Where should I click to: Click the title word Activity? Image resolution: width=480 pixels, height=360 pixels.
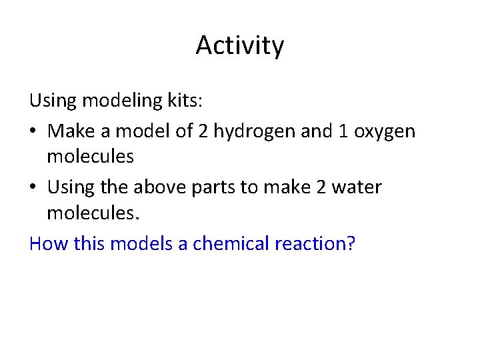click(240, 46)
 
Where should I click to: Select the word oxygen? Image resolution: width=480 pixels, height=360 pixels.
click(384, 132)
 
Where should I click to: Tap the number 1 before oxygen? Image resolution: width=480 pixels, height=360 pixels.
click(339, 131)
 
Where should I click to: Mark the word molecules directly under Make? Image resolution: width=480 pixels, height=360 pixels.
click(91, 157)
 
